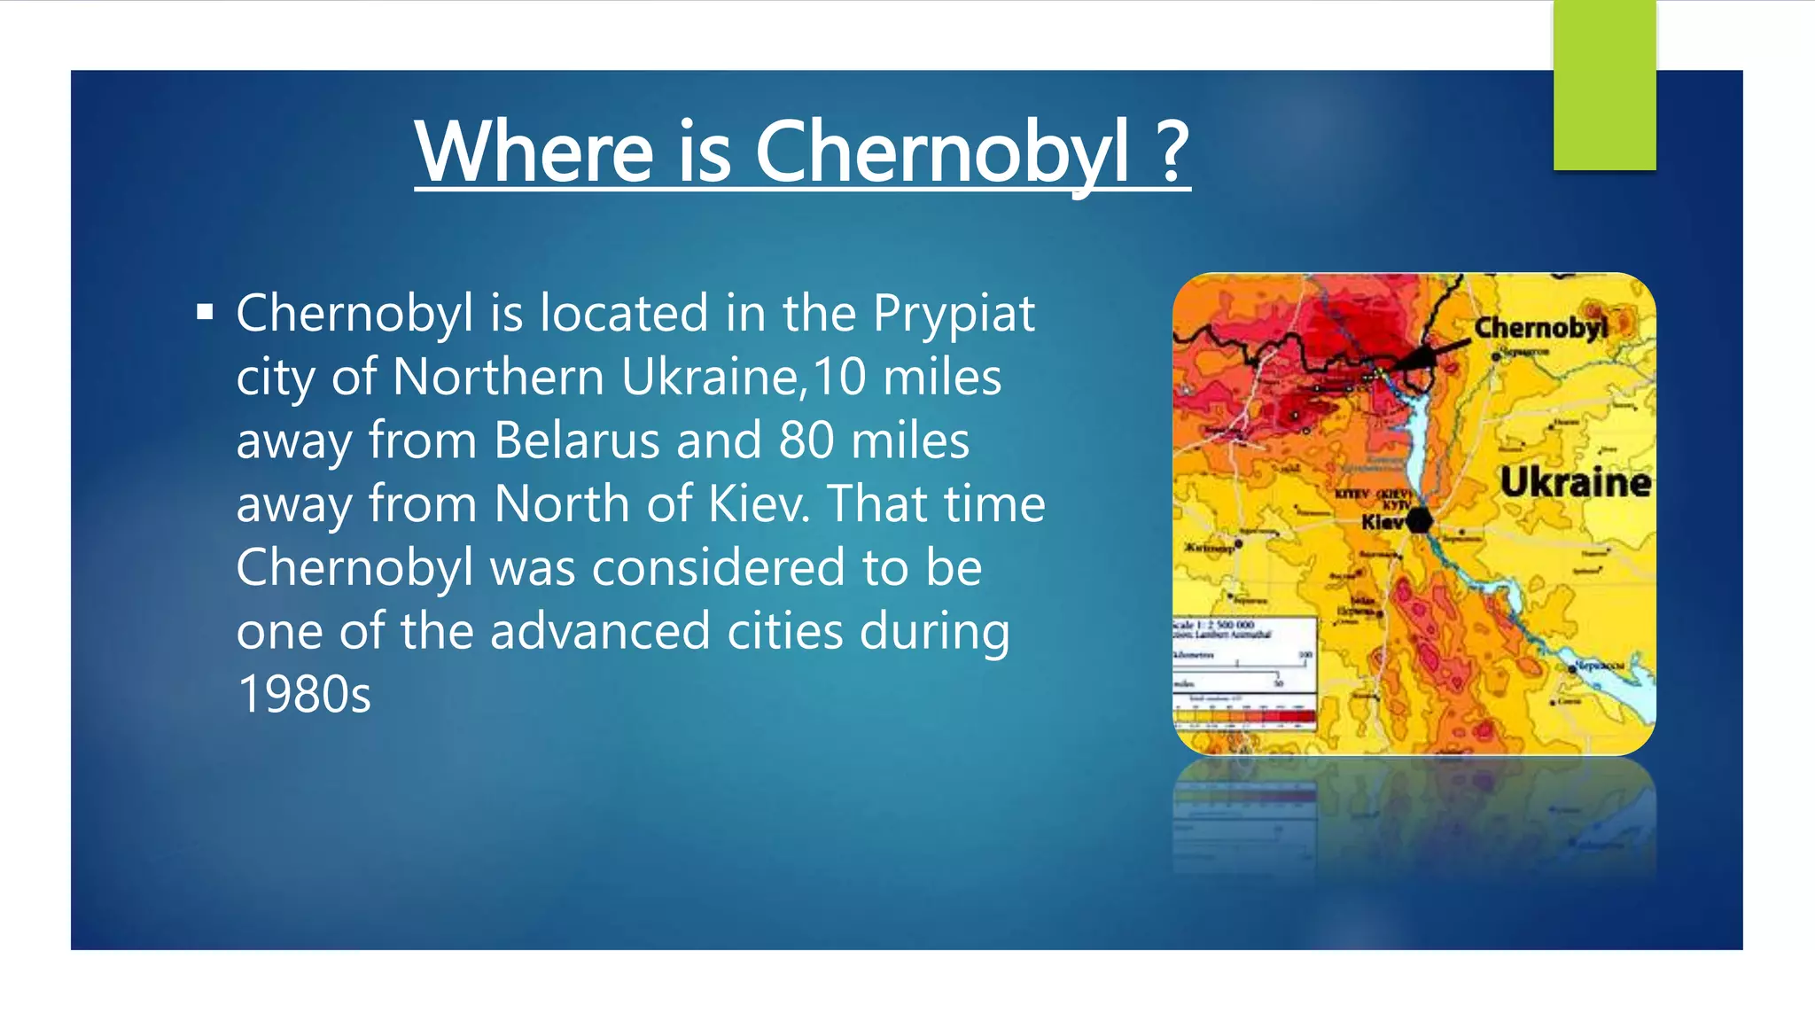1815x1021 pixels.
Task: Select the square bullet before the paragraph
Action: click(206, 312)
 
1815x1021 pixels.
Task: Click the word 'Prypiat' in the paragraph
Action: click(954, 313)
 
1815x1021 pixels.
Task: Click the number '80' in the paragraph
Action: click(806, 440)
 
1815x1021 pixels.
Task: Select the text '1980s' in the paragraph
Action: click(304, 694)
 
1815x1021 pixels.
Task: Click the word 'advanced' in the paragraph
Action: click(600, 631)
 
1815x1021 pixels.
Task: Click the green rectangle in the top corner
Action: click(1604, 85)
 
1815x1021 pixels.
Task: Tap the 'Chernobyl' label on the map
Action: click(1540, 328)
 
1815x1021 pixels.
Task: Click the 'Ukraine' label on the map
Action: click(1575, 483)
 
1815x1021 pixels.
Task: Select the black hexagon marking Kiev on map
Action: click(1419, 519)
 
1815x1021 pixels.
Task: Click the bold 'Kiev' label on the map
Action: click(1383, 522)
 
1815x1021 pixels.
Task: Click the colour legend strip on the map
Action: click(1244, 716)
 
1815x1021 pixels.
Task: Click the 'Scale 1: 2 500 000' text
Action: click(1213, 625)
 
